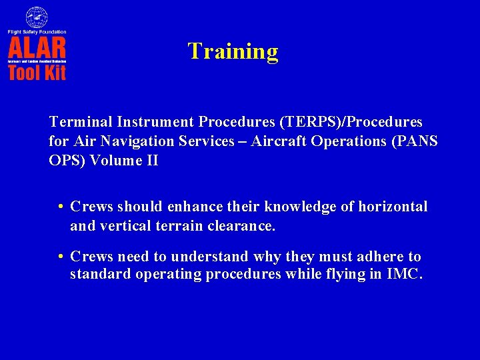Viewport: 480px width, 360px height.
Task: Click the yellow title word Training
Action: (x=233, y=51)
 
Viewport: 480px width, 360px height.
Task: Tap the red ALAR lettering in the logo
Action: (x=37, y=48)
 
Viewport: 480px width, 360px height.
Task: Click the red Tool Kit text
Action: (x=37, y=72)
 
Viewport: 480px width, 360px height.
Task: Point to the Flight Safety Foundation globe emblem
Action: (x=37, y=17)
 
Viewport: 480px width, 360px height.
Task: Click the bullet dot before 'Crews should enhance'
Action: (x=61, y=207)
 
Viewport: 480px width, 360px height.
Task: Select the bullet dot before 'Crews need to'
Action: (x=61, y=257)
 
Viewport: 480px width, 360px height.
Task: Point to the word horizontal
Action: (x=393, y=207)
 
